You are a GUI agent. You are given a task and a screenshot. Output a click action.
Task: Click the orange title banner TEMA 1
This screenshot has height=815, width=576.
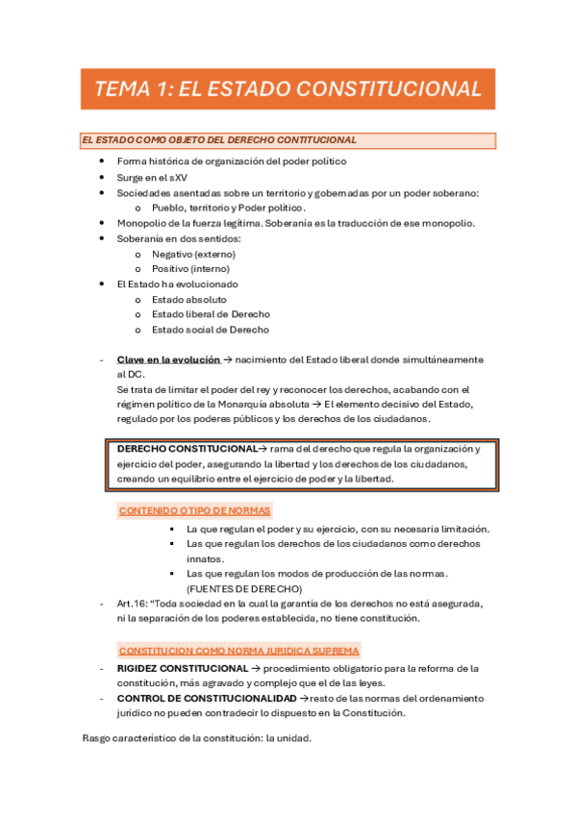coord(288,89)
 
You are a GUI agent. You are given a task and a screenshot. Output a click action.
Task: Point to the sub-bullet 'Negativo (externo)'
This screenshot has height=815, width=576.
coord(193,254)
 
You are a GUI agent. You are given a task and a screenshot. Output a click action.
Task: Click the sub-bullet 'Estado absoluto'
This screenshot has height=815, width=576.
coord(189,299)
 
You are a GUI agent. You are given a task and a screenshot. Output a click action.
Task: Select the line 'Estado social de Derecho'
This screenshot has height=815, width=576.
coord(211,330)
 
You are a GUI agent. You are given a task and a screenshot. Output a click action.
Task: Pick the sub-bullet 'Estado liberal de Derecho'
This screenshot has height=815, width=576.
coord(211,314)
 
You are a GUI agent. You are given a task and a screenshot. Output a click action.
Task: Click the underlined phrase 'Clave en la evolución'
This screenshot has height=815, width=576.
coord(168,359)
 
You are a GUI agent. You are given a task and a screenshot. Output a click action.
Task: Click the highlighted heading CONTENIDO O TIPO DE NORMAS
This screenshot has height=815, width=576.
coord(195,510)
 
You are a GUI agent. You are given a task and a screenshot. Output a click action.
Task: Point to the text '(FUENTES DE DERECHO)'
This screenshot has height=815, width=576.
coord(244,588)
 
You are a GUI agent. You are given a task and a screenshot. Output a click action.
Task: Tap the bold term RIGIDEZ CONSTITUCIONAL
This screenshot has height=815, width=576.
coord(183,668)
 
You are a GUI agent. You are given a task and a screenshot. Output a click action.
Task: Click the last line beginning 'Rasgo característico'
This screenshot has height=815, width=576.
coord(197,739)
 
